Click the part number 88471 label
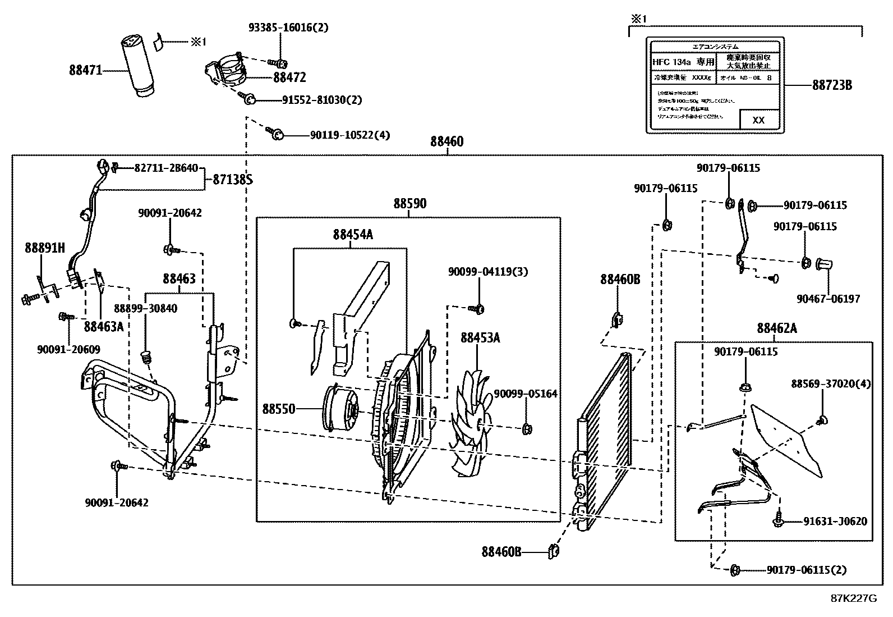85,71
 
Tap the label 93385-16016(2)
288,27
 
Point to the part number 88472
289,77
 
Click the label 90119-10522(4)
350,135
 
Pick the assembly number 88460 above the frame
447,141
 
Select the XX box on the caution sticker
758,120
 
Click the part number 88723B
832,85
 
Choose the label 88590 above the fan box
409,204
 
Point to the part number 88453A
480,338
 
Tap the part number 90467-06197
828,299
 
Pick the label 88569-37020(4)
831,384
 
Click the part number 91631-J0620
834,522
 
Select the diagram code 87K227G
853,598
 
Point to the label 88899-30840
145,308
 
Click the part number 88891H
45,248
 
